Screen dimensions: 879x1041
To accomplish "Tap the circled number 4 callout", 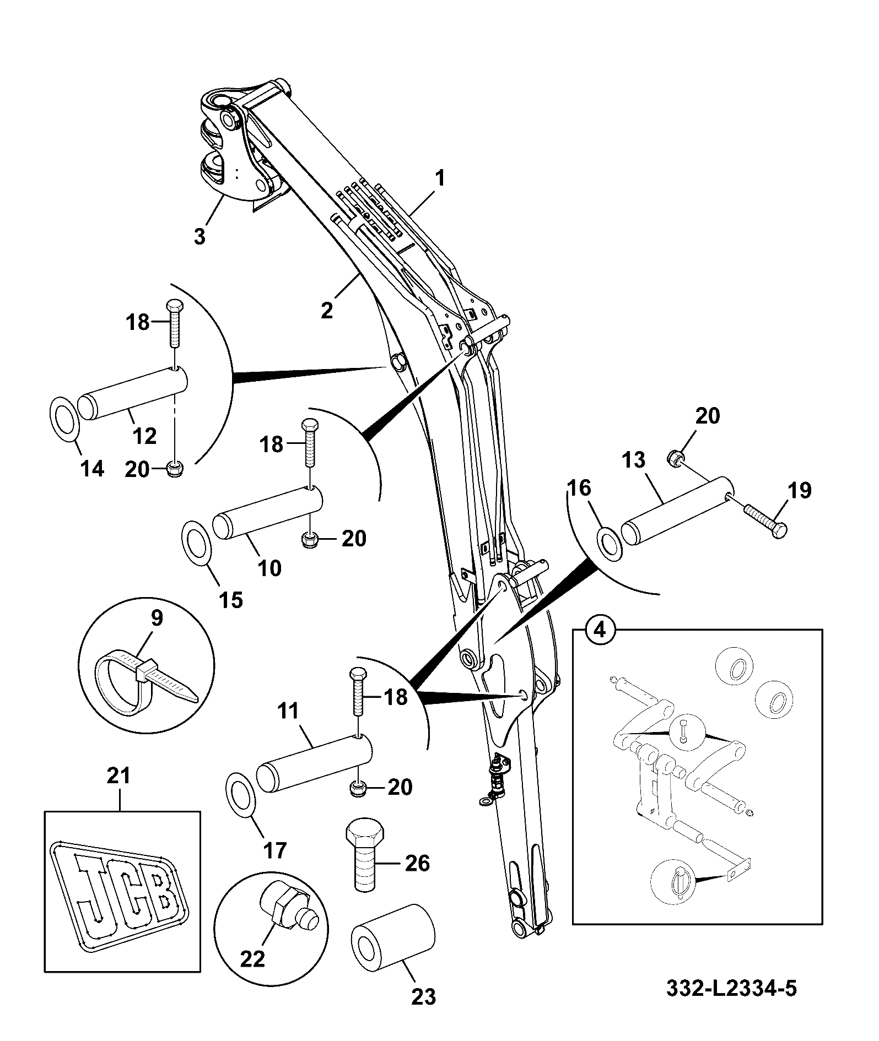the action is tap(601, 629).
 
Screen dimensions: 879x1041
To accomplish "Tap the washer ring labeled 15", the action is tap(197, 543).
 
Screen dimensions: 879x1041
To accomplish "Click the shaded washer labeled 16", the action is tap(610, 540).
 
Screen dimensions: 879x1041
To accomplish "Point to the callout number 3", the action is tap(199, 237).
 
